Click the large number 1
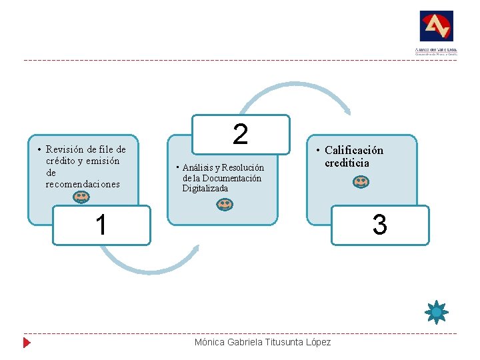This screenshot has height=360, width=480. point(101,225)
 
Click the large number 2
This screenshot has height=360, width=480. point(241,134)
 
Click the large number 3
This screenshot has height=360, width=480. point(379,225)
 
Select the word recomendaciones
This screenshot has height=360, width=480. point(83,183)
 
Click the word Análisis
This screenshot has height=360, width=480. point(199,168)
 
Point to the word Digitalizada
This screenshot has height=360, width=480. point(205,189)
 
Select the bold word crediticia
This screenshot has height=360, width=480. point(347,163)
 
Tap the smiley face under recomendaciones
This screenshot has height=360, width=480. point(81,197)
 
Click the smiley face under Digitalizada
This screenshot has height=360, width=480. point(225,205)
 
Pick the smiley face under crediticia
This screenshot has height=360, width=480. point(361,181)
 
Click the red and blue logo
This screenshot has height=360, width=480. point(436,27)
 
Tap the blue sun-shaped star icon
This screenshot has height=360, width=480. point(437,311)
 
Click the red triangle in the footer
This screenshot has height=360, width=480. point(27,343)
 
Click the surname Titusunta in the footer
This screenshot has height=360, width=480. point(285,343)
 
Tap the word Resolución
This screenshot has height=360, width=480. point(243,168)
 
